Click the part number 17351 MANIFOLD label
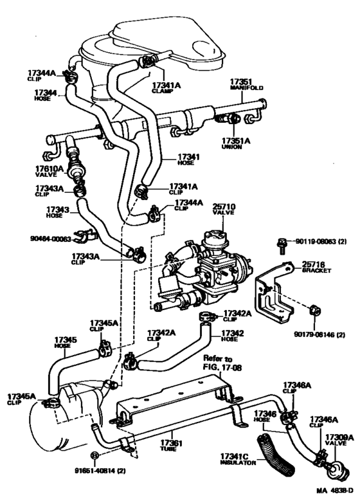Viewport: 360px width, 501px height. click(247, 84)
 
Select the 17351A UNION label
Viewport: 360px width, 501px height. click(236, 143)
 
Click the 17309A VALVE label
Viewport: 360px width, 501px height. click(339, 440)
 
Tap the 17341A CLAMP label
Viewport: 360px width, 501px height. click(166, 87)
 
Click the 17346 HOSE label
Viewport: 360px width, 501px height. click(265, 417)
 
